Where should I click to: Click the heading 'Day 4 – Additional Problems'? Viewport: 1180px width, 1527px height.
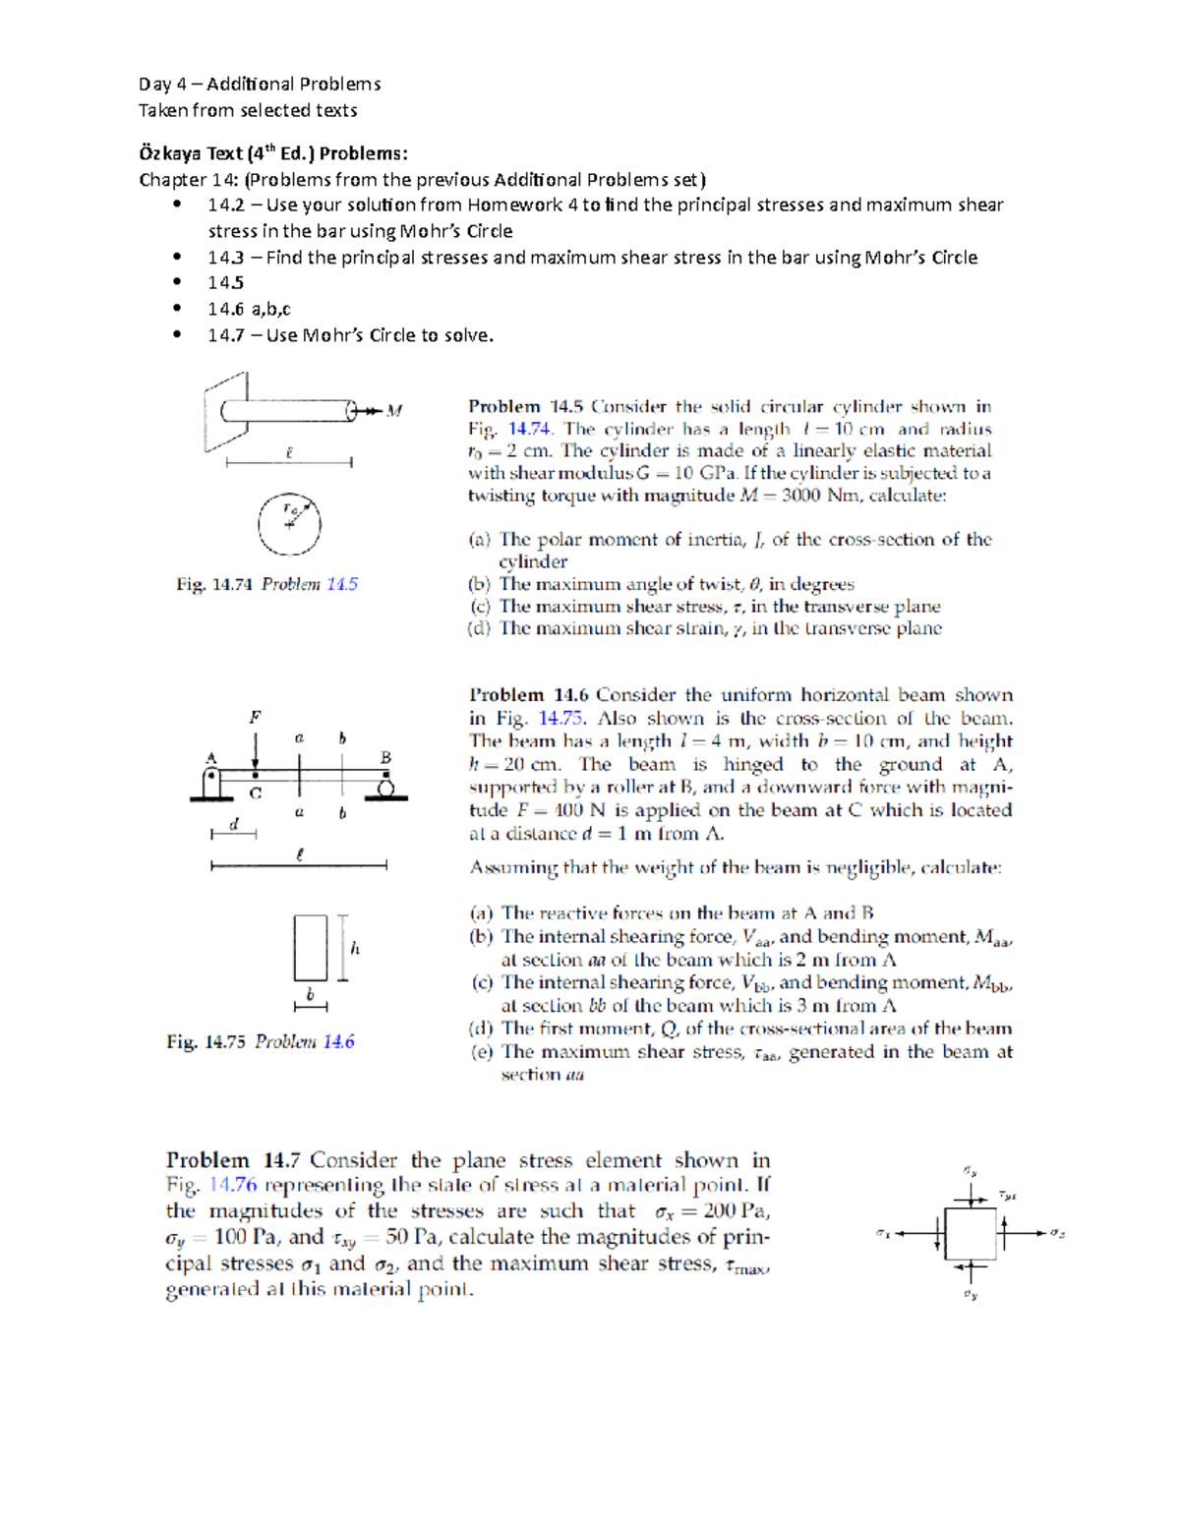click(x=260, y=84)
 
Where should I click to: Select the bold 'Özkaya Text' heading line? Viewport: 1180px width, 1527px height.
click(x=272, y=153)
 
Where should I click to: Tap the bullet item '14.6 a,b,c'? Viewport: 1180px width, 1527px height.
click(x=249, y=309)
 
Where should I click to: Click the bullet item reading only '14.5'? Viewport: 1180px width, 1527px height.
click(x=225, y=283)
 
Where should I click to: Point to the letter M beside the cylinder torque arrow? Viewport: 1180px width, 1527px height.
click(x=394, y=411)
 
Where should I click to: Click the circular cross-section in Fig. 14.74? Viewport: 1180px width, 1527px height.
click(x=289, y=524)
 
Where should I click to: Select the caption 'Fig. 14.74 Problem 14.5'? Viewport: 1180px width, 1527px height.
click(x=266, y=584)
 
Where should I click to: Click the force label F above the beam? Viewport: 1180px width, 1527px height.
click(x=255, y=717)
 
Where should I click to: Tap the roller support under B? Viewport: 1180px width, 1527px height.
click(x=385, y=787)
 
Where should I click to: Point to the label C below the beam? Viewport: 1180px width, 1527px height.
click(x=256, y=793)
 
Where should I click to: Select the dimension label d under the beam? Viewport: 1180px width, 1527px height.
click(x=233, y=824)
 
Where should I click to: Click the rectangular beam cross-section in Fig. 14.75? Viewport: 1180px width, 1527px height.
click(x=311, y=948)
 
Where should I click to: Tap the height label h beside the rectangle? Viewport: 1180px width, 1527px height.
click(x=355, y=948)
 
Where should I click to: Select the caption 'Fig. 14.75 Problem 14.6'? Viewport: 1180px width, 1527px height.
click(x=261, y=1042)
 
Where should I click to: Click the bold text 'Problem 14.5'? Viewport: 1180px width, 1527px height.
click(x=525, y=407)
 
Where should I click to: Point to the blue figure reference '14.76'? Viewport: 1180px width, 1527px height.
click(x=233, y=1186)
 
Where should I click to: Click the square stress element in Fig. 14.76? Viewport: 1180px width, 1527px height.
click(x=970, y=1233)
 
